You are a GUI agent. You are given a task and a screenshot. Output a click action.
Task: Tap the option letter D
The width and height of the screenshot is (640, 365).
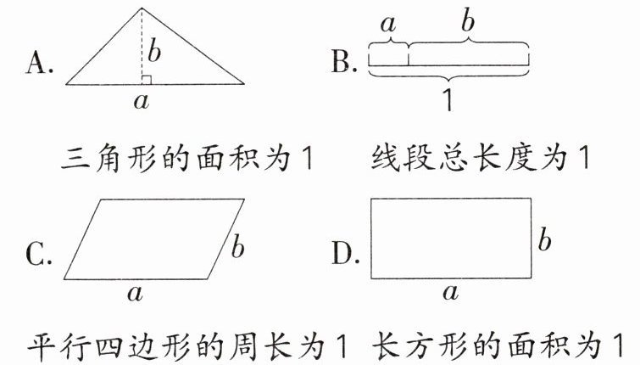click(343, 252)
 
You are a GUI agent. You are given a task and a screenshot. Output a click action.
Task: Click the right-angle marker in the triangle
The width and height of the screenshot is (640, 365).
click(146, 80)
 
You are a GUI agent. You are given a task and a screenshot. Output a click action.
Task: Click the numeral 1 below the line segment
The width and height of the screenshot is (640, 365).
click(448, 101)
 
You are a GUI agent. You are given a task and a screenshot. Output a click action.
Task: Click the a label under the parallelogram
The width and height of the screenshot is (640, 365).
click(133, 294)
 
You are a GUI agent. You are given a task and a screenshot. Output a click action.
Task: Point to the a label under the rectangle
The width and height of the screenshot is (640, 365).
click(451, 294)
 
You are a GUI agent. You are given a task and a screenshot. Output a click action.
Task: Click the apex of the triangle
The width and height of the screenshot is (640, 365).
click(142, 8)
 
